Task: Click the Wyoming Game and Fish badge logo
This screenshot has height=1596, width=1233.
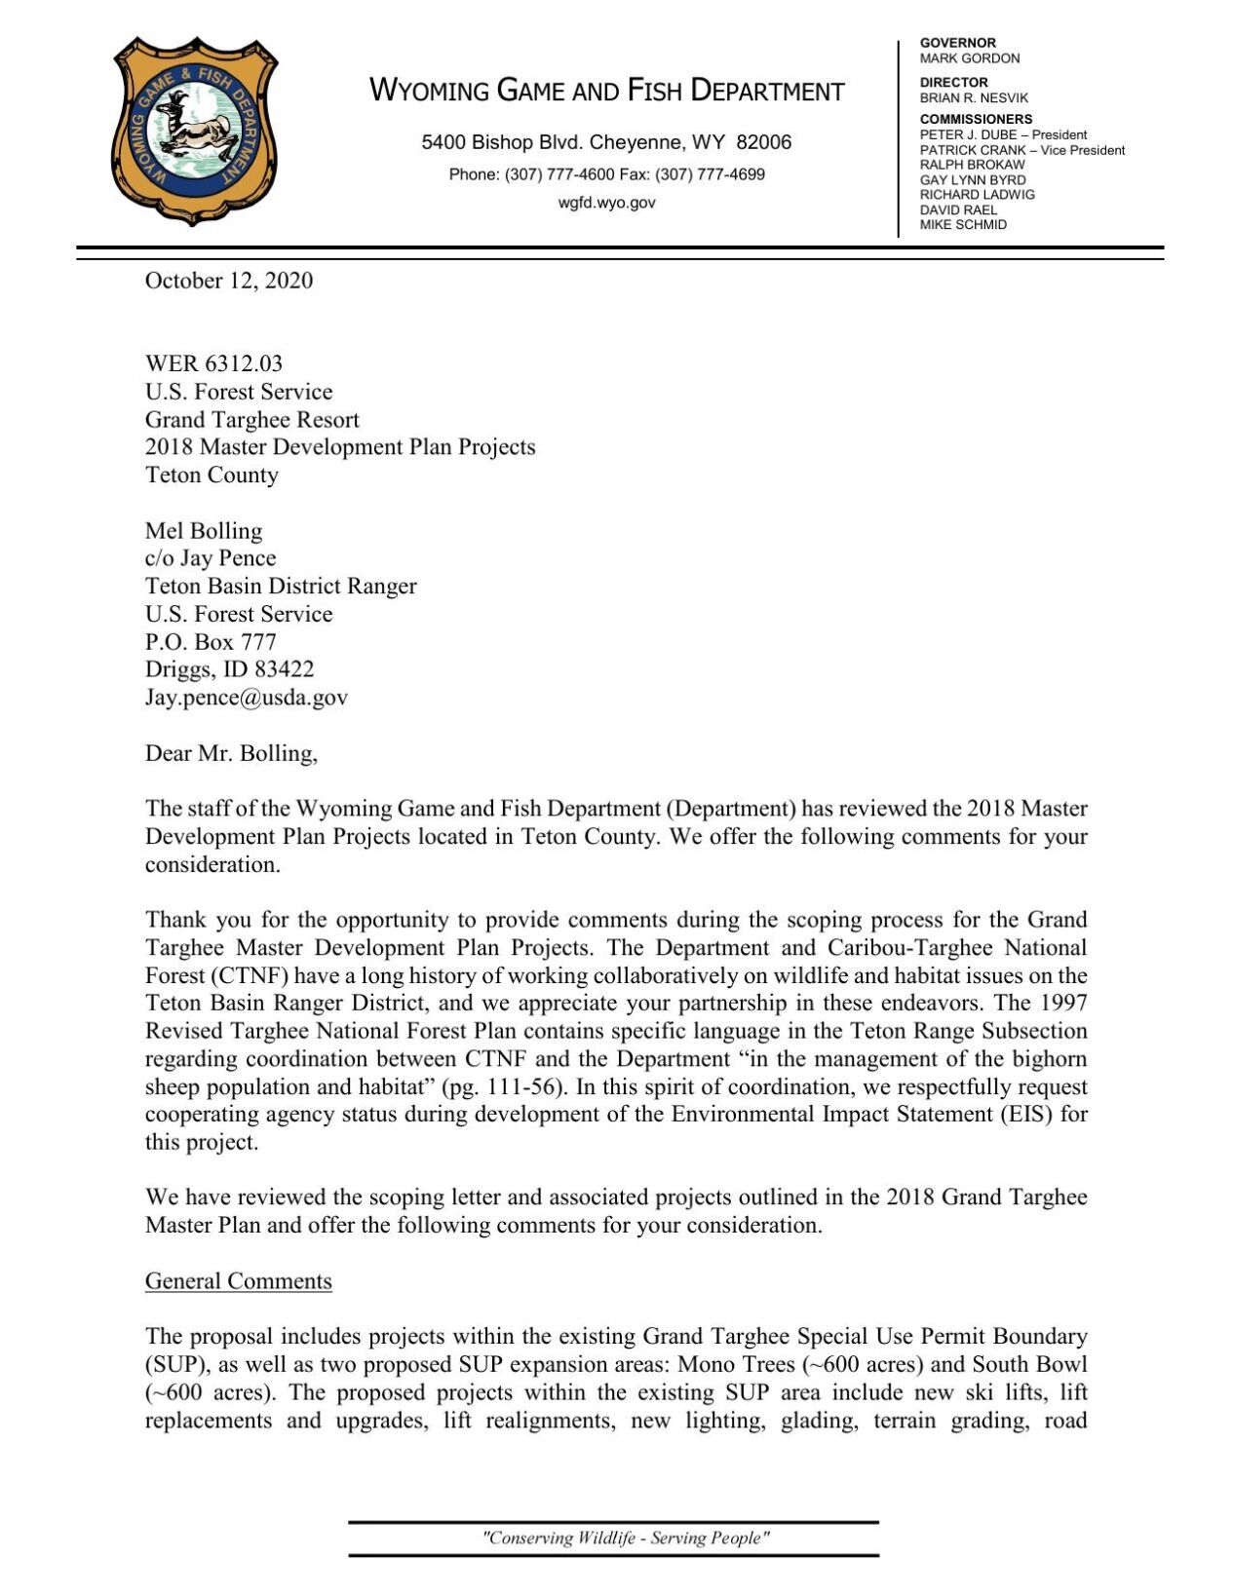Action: [x=194, y=131]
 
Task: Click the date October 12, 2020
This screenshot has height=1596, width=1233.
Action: [x=229, y=281]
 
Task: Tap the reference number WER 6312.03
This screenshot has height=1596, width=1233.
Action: [x=213, y=363]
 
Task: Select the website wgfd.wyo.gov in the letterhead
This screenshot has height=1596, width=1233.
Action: [x=606, y=203]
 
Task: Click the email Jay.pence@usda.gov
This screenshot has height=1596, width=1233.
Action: [x=246, y=698]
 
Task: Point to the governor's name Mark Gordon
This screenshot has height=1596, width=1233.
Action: [x=969, y=58]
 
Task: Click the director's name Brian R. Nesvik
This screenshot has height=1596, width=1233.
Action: [x=973, y=98]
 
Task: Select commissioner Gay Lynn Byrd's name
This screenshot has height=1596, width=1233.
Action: [x=972, y=180]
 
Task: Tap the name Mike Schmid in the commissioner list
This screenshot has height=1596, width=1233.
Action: [x=963, y=225]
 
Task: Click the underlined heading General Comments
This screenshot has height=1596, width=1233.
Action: [x=238, y=1281]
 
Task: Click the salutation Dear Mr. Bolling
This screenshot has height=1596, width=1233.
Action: [x=231, y=753]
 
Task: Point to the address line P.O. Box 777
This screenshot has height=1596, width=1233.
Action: [x=211, y=642]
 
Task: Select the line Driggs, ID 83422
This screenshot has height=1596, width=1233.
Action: [x=229, y=669]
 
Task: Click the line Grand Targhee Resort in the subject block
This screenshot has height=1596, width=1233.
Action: [x=251, y=420]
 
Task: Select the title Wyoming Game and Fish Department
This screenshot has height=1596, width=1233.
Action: [x=606, y=92]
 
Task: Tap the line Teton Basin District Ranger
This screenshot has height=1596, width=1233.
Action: [x=281, y=587]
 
